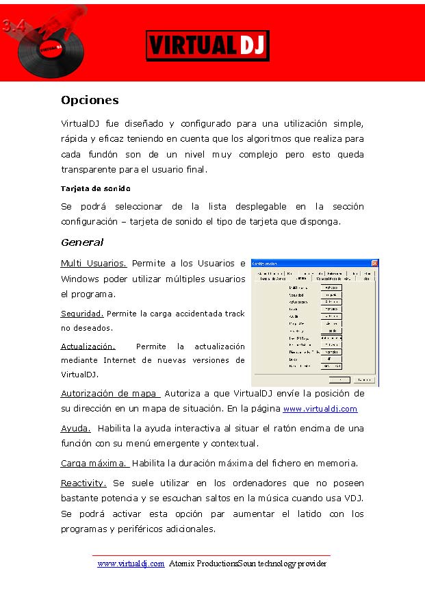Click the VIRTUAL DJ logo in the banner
click(x=207, y=45)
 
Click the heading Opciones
click(x=90, y=100)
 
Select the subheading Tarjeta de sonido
click(x=95, y=188)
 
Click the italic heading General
click(x=82, y=242)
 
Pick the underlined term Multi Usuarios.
click(x=94, y=263)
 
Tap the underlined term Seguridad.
click(x=82, y=314)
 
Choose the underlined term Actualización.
click(x=88, y=346)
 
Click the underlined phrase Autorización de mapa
click(x=110, y=394)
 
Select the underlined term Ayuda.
click(x=76, y=429)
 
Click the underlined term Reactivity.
click(x=83, y=483)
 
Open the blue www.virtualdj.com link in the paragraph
click(x=320, y=409)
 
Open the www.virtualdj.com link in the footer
click(x=131, y=564)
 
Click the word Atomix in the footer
click(x=183, y=564)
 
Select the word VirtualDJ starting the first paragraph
click(x=79, y=124)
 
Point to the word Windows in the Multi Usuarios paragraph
click(x=80, y=279)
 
